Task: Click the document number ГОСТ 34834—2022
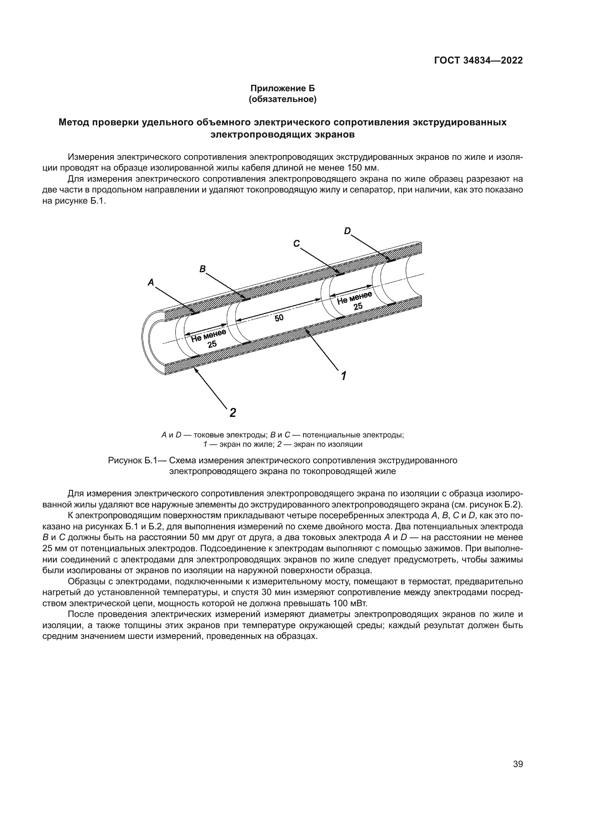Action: click(x=478, y=60)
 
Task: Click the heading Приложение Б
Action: click(x=282, y=88)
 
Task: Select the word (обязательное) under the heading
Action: click(x=282, y=99)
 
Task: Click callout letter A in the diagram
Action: click(x=151, y=282)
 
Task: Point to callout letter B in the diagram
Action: click(x=202, y=269)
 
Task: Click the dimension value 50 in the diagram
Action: click(x=279, y=317)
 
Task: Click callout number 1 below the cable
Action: click(x=344, y=375)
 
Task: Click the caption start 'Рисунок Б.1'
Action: click(x=132, y=460)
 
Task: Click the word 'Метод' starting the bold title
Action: click(x=73, y=122)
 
